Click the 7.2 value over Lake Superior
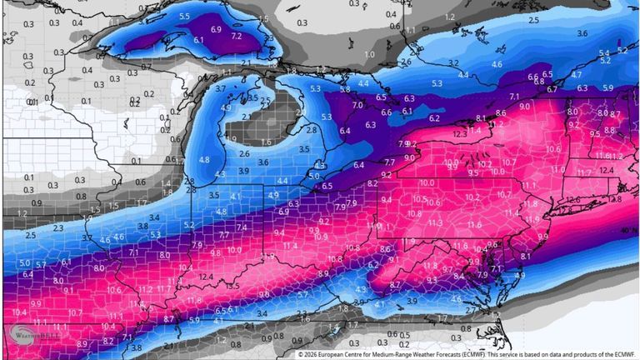(x=236, y=37)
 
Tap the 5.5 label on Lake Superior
(x=184, y=17)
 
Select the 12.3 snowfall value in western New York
(x=459, y=133)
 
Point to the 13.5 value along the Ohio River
(x=232, y=287)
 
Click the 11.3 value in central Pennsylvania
(x=434, y=222)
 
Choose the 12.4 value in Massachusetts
(x=606, y=170)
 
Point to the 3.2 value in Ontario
(x=453, y=62)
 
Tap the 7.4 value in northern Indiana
(x=241, y=227)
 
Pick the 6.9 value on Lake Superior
(x=217, y=29)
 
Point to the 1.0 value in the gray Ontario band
(x=370, y=54)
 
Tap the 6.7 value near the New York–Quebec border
(x=552, y=88)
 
